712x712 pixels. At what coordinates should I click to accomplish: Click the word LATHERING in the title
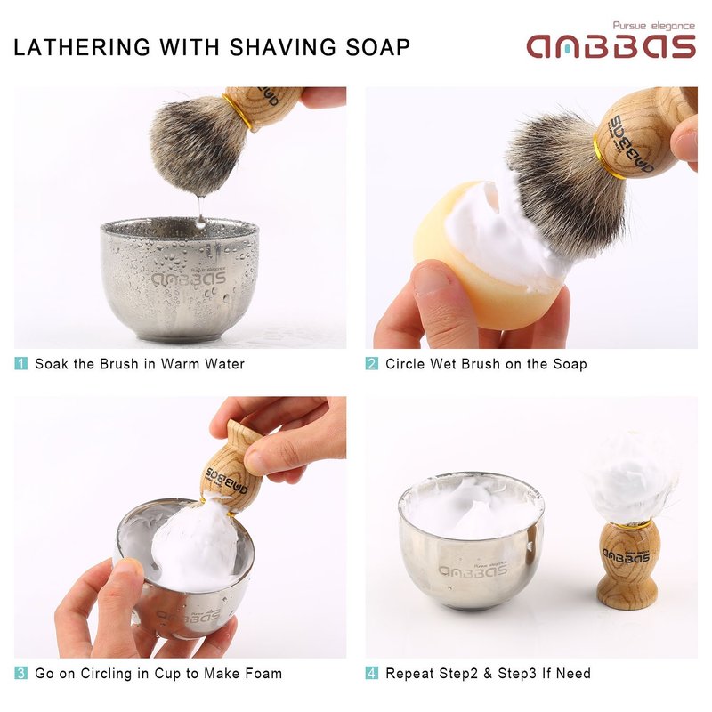click(82, 47)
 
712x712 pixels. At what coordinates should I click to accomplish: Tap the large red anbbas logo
click(611, 46)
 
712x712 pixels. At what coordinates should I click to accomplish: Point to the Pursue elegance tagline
click(654, 26)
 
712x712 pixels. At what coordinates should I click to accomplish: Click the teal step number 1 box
click(20, 364)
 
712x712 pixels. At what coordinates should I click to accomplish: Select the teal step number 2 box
click(372, 364)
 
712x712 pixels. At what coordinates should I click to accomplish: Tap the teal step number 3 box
click(20, 673)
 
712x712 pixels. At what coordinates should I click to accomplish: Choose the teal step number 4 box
click(372, 673)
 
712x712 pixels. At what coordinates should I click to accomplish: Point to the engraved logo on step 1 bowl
click(189, 277)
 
